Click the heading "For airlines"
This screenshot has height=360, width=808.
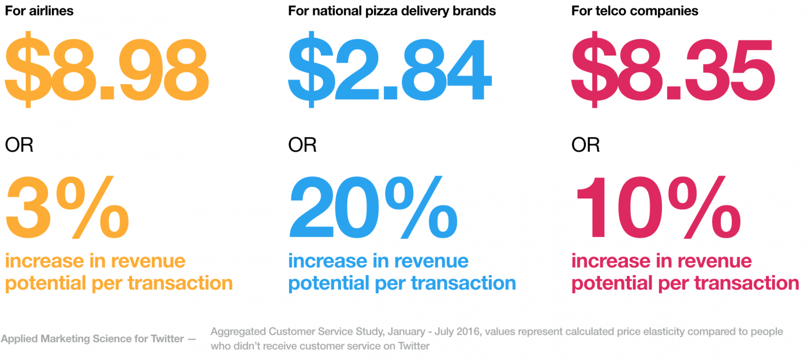(x=40, y=11)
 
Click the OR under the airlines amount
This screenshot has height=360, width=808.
(x=19, y=145)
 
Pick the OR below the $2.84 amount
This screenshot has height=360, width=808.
(x=302, y=145)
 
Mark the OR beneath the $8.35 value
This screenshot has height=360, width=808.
(x=585, y=145)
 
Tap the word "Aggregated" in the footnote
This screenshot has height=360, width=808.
(x=240, y=332)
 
